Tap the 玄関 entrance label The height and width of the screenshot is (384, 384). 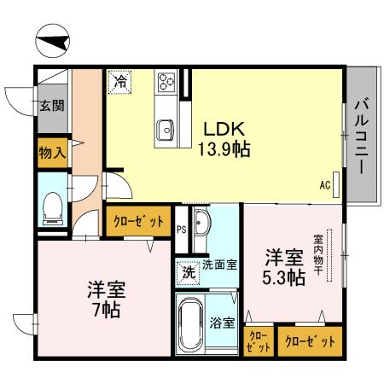tap(50, 107)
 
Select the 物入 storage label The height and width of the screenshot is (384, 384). tap(51, 154)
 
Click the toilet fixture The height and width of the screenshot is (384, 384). tap(52, 207)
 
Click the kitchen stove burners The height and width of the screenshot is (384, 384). tap(166, 84)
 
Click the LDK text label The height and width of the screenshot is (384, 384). tap(224, 129)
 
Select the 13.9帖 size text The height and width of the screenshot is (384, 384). tap(224, 149)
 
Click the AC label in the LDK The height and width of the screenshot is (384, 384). tap(325, 183)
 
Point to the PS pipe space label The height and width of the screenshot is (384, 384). tap(181, 229)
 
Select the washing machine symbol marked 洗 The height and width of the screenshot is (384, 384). tap(186, 273)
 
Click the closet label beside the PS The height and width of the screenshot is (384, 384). tap(138, 221)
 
